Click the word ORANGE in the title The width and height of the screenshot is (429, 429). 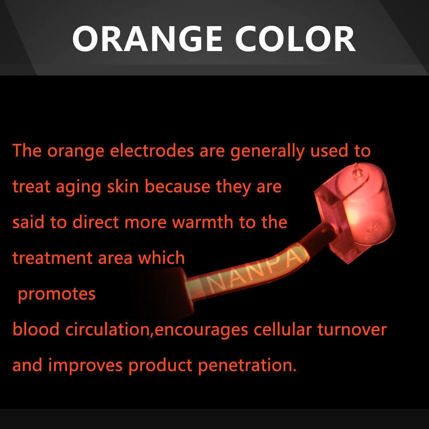[x=147, y=39]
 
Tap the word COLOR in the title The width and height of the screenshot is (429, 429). [x=296, y=39]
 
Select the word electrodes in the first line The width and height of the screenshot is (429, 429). [x=152, y=151]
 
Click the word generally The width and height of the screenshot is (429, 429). [x=267, y=151]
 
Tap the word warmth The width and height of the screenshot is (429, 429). [x=202, y=222]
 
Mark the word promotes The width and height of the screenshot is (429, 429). [x=57, y=294]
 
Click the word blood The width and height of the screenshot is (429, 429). [x=36, y=329]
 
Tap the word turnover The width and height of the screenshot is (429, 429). [x=352, y=329]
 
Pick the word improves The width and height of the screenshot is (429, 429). [x=86, y=366]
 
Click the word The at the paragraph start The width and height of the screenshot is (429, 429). [x=27, y=151]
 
